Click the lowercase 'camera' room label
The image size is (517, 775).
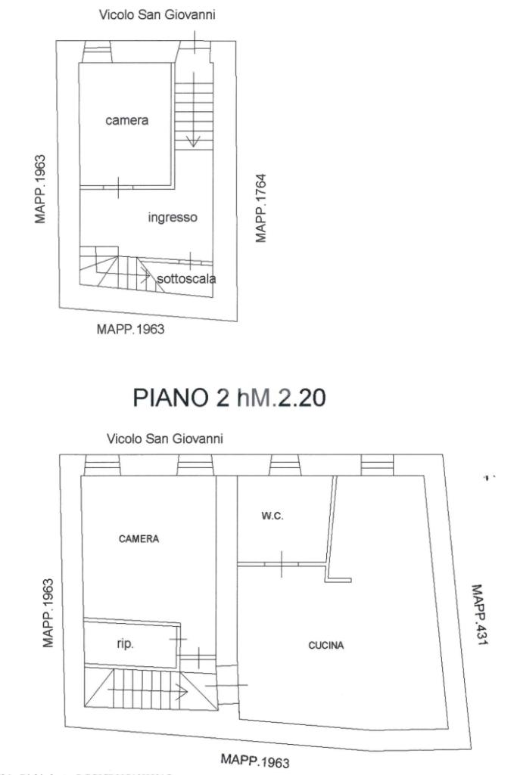[x=126, y=121]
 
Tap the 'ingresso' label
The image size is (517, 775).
[x=172, y=218]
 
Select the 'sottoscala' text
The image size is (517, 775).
[x=186, y=279]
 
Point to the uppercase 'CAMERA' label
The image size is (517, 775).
[x=139, y=539]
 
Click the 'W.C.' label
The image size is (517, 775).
[x=273, y=516]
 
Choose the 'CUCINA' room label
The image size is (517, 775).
[x=326, y=646]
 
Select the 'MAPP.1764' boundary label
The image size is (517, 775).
[x=262, y=208]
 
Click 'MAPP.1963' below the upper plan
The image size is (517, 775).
[x=130, y=329]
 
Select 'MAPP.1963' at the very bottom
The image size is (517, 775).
[x=255, y=759]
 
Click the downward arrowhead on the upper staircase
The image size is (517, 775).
[x=193, y=141]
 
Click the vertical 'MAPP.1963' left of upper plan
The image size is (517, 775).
[x=40, y=189]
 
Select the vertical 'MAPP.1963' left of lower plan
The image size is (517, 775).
[x=48, y=613]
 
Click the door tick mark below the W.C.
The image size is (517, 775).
[x=281, y=564]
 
